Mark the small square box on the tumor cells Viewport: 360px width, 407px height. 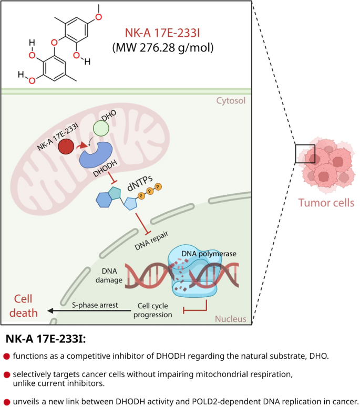pyautogui.click(x=305, y=154)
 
